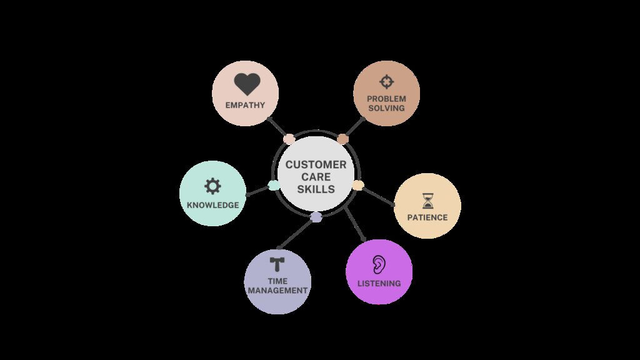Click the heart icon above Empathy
point(247,84)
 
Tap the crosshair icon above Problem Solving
point(386,82)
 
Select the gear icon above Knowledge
point(212,186)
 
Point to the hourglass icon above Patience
point(427,201)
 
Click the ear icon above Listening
point(378,264)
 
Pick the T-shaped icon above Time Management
point(277,264)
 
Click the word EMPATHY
point(245,105)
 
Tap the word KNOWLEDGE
point(212,205)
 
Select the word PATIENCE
point(427,217)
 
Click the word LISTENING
point(379,283)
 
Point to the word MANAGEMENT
point(277,291)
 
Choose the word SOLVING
point(386,108)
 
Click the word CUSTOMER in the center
point(316,164)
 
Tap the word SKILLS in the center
point(316,189)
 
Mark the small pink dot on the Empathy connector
point(289,139)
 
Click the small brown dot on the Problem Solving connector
point(343,139)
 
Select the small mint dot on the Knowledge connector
point(274,185)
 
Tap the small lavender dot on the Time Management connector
point(316,217)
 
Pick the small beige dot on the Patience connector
point(358,185)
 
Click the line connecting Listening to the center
point(355,224)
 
